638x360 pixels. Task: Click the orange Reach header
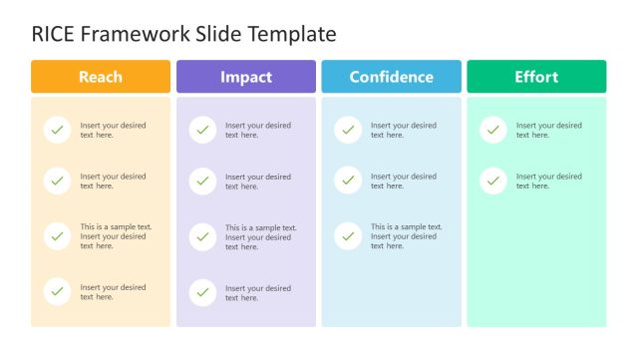click(100, 77)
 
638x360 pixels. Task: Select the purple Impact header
click(245, 77)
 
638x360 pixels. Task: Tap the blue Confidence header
click(391, 77)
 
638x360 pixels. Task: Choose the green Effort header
click(536, 77)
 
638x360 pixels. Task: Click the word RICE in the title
click(53, 34)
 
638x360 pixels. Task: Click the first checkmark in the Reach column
click(58, 130)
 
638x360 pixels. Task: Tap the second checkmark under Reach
click(58, 180)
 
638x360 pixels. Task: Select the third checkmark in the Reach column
click(58, 236)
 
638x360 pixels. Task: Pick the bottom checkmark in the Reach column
click(58, 291)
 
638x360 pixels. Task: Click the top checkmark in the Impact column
click(202, 130)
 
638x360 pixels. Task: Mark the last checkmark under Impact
click(202, 292)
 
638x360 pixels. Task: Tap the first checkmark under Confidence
click(348, 130)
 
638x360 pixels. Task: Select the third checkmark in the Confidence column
click(348, 236)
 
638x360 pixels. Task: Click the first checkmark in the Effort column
click(493, 130)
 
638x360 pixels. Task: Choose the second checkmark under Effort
click(493, 180)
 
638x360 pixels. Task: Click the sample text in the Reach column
click(116, 236)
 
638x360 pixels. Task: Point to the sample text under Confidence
click(406, 236)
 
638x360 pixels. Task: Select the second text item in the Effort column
click(548, 180)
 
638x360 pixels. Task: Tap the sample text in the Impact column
click(260, 237)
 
